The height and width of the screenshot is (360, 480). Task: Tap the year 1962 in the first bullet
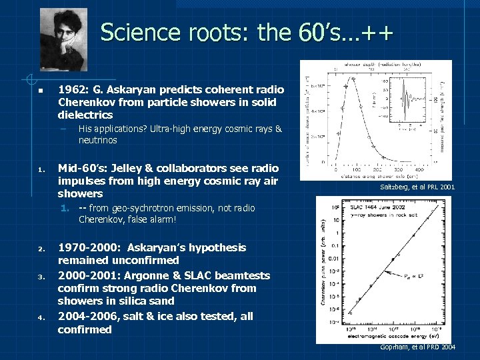71,89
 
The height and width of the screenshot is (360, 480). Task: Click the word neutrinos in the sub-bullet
97,141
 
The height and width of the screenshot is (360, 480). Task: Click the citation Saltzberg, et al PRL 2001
417,187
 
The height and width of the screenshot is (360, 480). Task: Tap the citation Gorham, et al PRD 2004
417,347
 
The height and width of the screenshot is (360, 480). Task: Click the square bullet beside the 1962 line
40,90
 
